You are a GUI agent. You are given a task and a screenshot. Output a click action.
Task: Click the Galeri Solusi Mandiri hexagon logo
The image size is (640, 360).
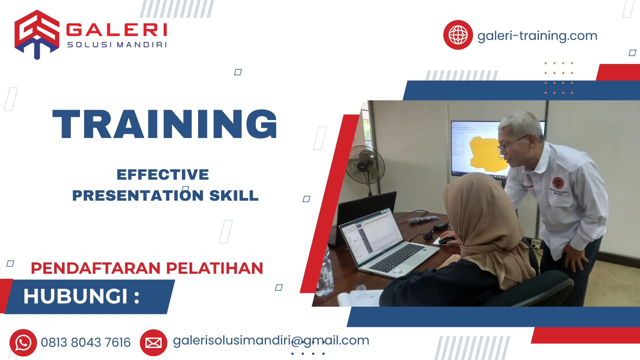[x=37, y=34]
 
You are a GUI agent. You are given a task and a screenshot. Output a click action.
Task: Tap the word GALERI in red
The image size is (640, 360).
[x=117, y=30]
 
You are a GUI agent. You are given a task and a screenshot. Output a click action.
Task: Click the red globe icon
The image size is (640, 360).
[x=458, y=35]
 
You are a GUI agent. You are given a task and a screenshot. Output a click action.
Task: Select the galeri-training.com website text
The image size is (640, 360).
[x=537, y=36]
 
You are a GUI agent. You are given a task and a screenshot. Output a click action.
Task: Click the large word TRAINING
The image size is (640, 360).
[x=165, y=124]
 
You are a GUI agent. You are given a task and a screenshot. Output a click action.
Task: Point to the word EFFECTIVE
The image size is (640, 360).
[x=163, y=175]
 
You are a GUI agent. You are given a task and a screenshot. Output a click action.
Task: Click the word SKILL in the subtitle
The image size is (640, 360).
[x=234, y=196]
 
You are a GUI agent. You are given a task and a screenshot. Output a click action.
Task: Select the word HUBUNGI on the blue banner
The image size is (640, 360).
[x=76, y=296]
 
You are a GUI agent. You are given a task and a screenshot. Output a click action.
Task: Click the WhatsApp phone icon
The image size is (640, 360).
[x=23, y=343]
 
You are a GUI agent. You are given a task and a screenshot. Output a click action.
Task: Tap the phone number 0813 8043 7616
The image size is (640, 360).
[x=86, y=343]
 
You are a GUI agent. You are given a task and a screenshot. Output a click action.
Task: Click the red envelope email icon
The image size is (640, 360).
[x=153, y=343]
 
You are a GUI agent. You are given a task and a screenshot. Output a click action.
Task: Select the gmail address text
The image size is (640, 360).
[x=271, y=341]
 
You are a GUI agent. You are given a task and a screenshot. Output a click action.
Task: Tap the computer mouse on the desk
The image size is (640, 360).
[x=446, y=241]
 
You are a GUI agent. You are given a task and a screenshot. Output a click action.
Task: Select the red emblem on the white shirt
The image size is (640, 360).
[x=558, y=183]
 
